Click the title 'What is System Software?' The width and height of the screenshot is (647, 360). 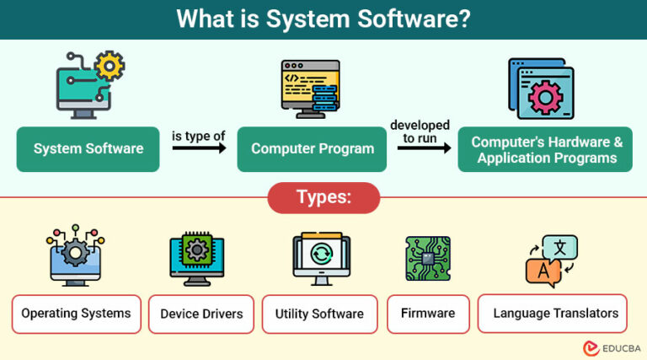[323, 19]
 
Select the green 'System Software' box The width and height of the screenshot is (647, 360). [88, 149]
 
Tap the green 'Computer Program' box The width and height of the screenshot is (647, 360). [312, 149]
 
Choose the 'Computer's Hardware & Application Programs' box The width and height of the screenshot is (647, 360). [545, 149]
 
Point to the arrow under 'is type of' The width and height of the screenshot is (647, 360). [199, 148]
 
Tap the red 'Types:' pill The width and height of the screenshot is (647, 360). [323, 198]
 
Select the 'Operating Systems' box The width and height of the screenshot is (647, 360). [76, 314]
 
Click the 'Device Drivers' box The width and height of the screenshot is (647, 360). [201, 314]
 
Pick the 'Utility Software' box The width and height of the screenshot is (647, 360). [319, 314]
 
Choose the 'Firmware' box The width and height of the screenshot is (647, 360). [427, 314]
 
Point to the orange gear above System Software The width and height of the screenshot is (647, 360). [110, 65]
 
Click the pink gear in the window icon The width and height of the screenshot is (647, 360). [547, 97]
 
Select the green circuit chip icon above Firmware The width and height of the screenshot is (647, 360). [427, 258]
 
